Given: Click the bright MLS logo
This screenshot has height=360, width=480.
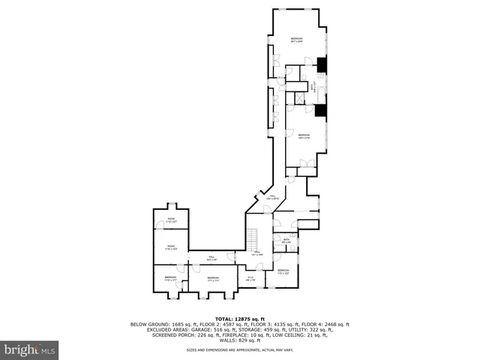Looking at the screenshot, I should pyautogui.click(x=30, y=349).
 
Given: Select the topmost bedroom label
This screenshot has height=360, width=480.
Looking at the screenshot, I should pyautogui.click(x=297, y=40).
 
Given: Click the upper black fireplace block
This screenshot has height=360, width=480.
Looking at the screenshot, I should pyautogui.click(x=322, y=66).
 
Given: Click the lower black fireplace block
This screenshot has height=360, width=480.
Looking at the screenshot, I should pyautogui.click(x=321, y=111).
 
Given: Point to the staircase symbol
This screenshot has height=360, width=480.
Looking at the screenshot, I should pyautogui.click(x=254, y=238).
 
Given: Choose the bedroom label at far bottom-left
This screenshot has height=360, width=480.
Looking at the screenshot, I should pyautogui.click(x=170, y=278).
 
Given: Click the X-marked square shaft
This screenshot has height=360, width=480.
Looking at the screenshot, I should pyautogui.click(x=298, y=97).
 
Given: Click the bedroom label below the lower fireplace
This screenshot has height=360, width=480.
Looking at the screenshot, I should pyautogui.click(x=303, y=136).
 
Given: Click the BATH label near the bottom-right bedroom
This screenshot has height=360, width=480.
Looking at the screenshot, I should pyautogui.click(x=286, y=241).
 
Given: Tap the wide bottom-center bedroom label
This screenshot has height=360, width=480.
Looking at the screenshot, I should pyautogui.click(x=213, y=278).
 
